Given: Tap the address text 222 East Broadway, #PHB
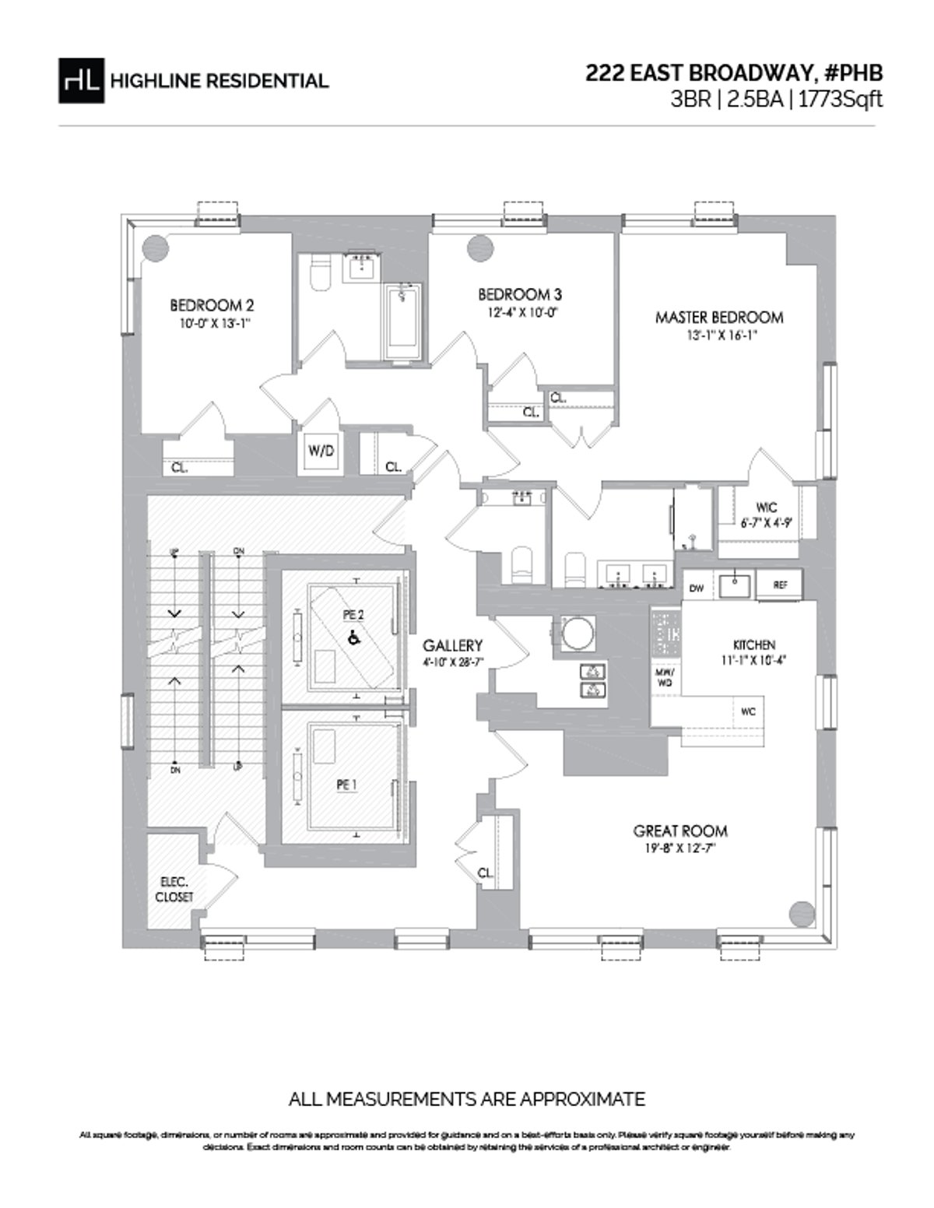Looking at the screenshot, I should click(734, 73).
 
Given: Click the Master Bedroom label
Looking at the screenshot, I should click(718, 318).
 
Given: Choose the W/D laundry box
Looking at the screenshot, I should click(320, 451).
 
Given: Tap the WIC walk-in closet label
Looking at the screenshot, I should click(766, 507).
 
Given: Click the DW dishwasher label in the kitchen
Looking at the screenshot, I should click(697, 588).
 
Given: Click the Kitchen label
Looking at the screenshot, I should click(753, 645).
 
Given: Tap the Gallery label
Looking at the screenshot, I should click(452, 645).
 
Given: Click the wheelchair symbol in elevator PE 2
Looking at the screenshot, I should click(353, 637).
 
